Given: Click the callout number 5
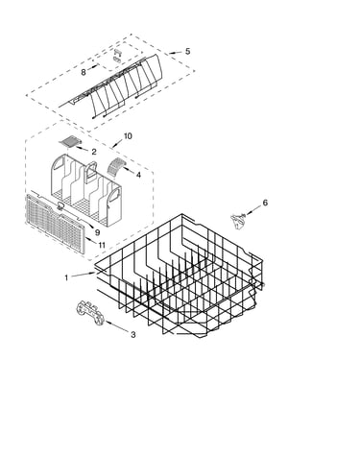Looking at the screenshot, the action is pos(187,51).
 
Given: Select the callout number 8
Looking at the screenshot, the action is pos(84,73).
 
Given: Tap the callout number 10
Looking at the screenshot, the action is pos(128,136).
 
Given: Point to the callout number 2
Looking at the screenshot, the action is pos(94,152).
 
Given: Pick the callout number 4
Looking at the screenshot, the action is pos(138,175).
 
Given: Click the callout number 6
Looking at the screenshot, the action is pos(265,203).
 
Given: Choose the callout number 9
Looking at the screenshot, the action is pos(97,232).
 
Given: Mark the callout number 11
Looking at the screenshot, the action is pos(102,245).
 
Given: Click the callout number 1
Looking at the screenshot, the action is pos(66,277).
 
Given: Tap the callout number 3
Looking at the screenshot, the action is pos(132,335).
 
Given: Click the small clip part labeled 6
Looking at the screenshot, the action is pos(238,221).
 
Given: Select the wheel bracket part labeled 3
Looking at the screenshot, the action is pos(90,314).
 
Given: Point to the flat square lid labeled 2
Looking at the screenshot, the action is pos(70,141).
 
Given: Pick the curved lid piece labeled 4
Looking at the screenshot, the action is pos(115,166).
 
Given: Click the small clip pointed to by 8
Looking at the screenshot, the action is pos(117,56).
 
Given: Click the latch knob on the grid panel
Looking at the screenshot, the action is pos(60,206).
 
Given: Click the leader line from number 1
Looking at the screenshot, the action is pos(84,275).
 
